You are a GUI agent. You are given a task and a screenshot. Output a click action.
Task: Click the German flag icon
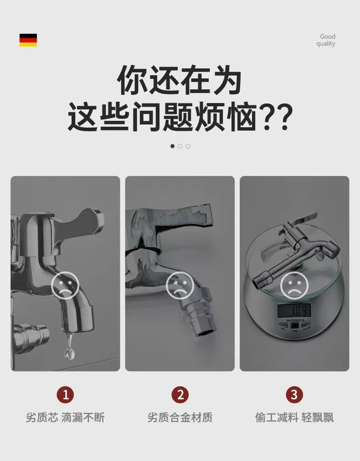pyautogui.click(x=28, y=40)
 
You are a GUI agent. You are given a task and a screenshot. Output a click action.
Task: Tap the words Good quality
pyautogui.click(x=326, y=40)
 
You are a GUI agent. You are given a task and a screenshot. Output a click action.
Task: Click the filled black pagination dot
pyautogui.click(x=172, y=146)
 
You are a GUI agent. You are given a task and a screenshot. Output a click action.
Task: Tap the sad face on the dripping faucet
pyautogui.click(x=65, y=285)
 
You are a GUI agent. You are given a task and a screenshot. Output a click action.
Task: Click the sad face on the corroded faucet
pyautogui.click(x=180, y=285)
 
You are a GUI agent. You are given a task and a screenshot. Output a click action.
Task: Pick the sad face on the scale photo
pyautogui.click(x=294, y=285)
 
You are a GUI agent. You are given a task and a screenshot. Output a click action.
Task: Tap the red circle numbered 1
pyautogui.click(x=65, y=394)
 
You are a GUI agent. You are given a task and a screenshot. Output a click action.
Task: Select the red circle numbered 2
pyautogui.click(x=180, y=394)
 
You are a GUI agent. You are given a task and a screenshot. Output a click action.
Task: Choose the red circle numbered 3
pyautogui.click(x=294, y=394)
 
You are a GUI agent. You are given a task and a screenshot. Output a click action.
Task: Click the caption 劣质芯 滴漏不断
pyautogui.click(x=65, y=418)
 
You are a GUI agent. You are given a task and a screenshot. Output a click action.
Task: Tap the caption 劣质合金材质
pyautogui.click(x=180, y=418)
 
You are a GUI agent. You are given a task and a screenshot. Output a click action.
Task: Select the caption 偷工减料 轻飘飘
pyautogui.click(x=294, y=418)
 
